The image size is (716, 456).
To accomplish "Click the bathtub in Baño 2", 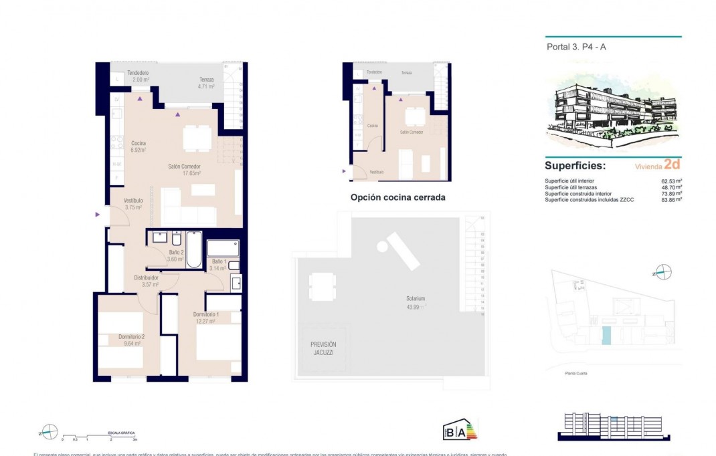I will [194, 249].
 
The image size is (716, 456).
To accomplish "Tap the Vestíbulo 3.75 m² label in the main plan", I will [133, 204].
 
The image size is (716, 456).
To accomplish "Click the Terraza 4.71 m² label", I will [205, 83].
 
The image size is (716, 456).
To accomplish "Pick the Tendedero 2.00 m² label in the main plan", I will [138, 76].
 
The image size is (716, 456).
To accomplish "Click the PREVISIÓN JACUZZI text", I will [323, 348].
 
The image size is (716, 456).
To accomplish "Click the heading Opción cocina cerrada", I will [397, 198].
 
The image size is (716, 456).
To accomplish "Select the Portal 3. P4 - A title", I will [567, 47].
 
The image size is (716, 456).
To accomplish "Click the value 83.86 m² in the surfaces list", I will [670, 199].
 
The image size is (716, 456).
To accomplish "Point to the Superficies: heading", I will [575, 165].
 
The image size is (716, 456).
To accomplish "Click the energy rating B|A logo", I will [460, 430].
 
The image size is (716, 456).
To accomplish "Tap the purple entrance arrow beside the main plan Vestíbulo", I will [98, 215].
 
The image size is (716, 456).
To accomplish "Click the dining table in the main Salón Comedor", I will [197, 138].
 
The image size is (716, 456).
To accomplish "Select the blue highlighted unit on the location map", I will [606, 334].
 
